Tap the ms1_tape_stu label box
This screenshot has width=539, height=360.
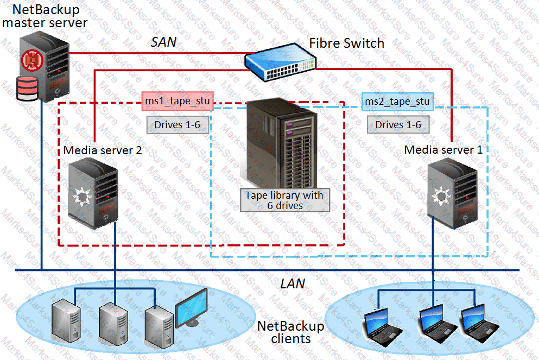pos(177,101)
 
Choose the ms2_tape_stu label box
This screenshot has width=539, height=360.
pos(397,102)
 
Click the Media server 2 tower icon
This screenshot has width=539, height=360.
pos(93,190)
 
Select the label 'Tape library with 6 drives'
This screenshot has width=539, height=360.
pos(284,200)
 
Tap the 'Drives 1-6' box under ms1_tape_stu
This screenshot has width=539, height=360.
pos(177,125)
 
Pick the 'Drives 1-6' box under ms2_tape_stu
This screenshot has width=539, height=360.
pos(398,125)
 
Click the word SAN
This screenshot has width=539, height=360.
pos(163,42)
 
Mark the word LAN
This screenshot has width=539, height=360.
pos(293,283)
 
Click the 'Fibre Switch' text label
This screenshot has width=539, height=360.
pos(347,43)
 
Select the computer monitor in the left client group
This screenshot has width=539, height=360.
pos(191,307)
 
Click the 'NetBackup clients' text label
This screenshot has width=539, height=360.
pos(290,332)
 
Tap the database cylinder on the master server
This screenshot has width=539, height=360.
pos(28,89)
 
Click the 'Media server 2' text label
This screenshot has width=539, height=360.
pos(103,150)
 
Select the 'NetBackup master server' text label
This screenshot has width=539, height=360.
pos(45,16)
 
